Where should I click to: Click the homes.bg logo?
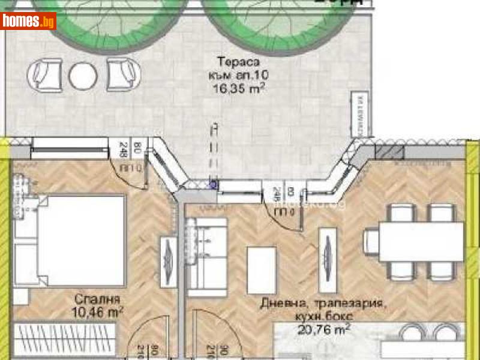click(x=28, y=21)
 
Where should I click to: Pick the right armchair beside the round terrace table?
click(x=123, y=74)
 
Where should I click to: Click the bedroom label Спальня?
click(x=98, y=299)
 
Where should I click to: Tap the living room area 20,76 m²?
click(x=324, y=328)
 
